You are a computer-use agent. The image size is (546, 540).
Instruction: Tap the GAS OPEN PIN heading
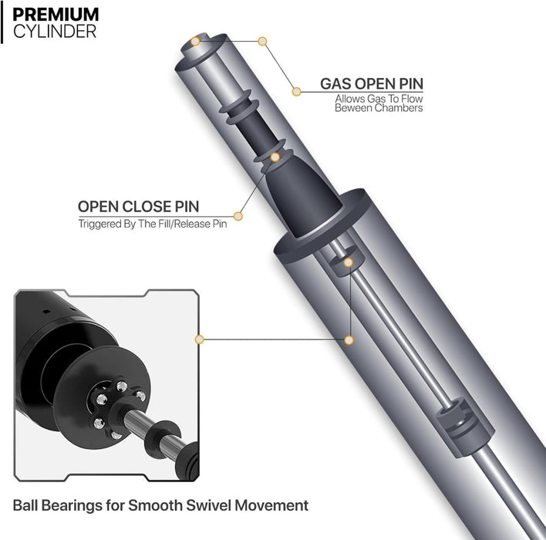pos(371,83)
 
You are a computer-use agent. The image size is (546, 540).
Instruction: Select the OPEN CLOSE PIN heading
pos(138,207)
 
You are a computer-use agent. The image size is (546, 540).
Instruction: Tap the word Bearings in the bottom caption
pos(75,506)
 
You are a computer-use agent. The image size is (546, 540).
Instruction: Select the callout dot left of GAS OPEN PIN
pos(295,92)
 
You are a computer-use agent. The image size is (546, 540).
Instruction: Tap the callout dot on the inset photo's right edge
pos(199,339)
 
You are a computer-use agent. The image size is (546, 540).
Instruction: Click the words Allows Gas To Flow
pos(378,99)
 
